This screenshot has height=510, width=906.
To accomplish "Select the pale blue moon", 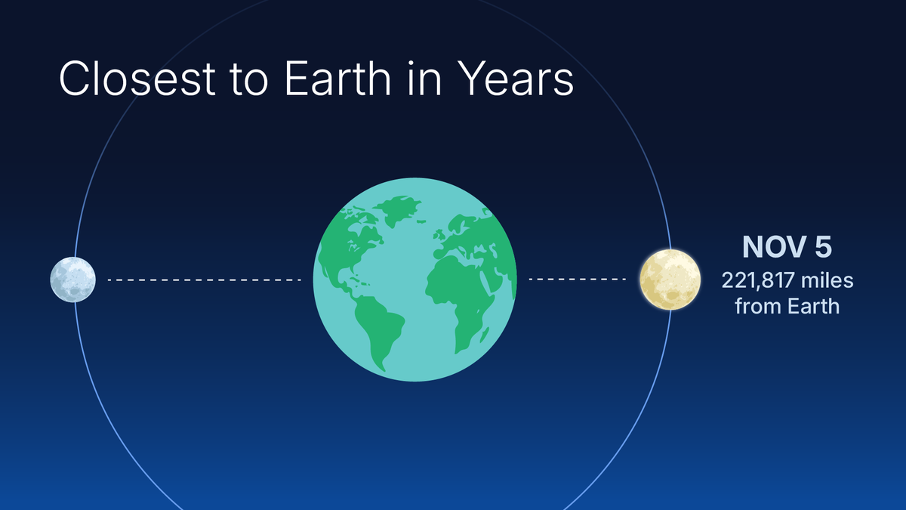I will (x=72, y=280).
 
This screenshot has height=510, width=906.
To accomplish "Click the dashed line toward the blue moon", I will (x=204, y=280).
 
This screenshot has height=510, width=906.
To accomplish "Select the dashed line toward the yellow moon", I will (x=578, y=280).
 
